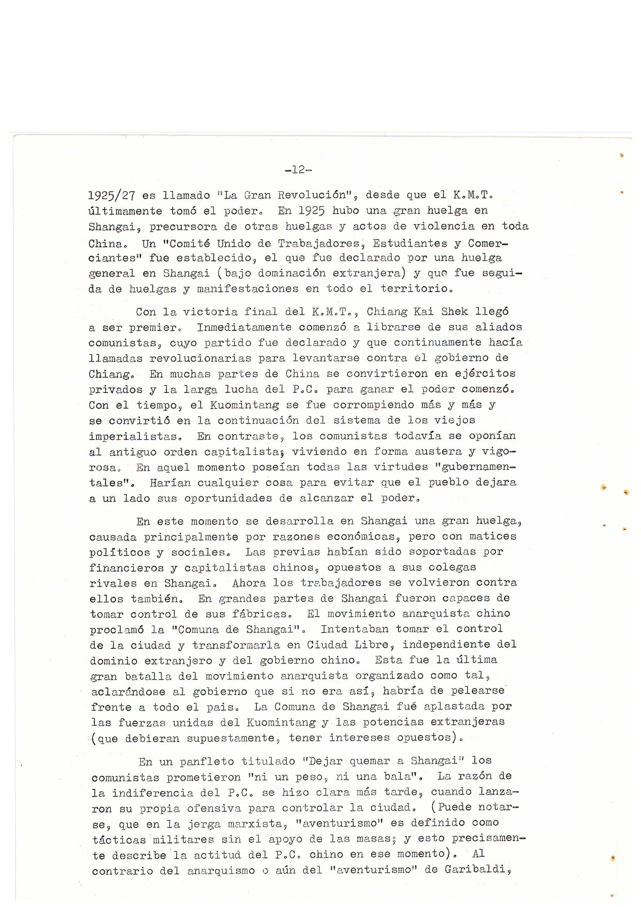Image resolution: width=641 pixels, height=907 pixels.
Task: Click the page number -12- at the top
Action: tap(298, 170)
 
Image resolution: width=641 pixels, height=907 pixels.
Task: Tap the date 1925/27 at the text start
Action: tap(112, 196)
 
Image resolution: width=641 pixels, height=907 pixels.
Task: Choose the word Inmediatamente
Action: tap(244, 327)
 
